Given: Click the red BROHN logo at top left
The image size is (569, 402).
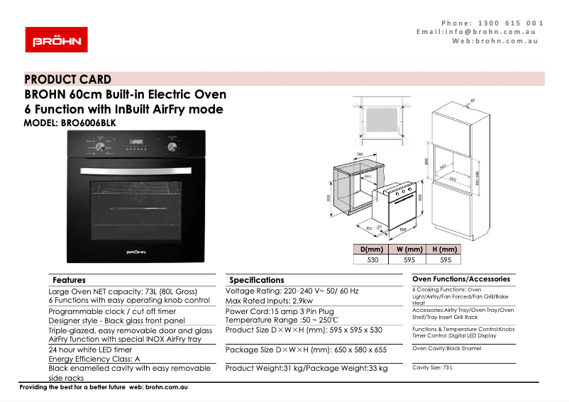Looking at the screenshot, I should (x=56, y=40).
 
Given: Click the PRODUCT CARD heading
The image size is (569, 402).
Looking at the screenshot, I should (x=68, y=79).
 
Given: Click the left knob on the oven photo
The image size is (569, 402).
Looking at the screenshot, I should (x=101, y=147).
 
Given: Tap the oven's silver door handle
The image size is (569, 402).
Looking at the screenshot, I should (x=136, y=170).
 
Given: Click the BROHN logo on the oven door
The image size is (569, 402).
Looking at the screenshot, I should (x=136, y=251).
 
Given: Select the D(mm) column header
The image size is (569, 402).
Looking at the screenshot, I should (x=372, y=250).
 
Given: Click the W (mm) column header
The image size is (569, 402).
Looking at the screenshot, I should (x=409, y=250).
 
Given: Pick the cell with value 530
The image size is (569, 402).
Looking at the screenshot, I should (x=372, y=259).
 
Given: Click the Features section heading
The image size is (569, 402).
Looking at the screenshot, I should (x=69, y=280).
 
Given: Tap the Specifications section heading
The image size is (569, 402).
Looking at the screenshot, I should (x=256, y=280).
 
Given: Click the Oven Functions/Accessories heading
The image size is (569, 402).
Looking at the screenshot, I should (x=461, y=279).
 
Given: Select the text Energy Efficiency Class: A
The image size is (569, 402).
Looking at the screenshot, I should (x=94, y=359).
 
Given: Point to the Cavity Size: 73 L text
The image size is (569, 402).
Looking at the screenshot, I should (x=432, y=367).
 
